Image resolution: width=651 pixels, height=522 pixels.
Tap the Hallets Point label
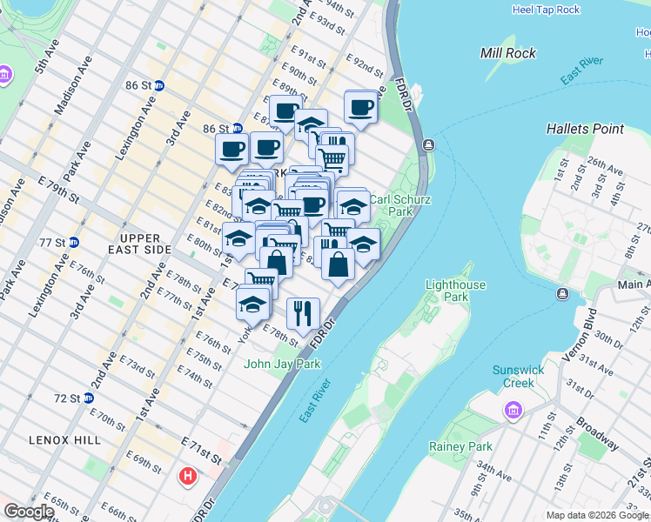coord(585,129)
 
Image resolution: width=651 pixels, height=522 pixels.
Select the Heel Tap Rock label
coord(546,10)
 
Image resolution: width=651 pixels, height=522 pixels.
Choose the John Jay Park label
coord(283,364)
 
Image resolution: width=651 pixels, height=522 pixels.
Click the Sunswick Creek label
coord(518,376)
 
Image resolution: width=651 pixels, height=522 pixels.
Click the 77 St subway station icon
coord(73,242)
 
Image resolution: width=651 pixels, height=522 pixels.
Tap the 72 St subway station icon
coord(100,398)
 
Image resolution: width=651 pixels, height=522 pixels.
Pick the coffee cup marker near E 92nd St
coord(360,108)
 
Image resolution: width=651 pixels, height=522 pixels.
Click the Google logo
coord(29,512)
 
